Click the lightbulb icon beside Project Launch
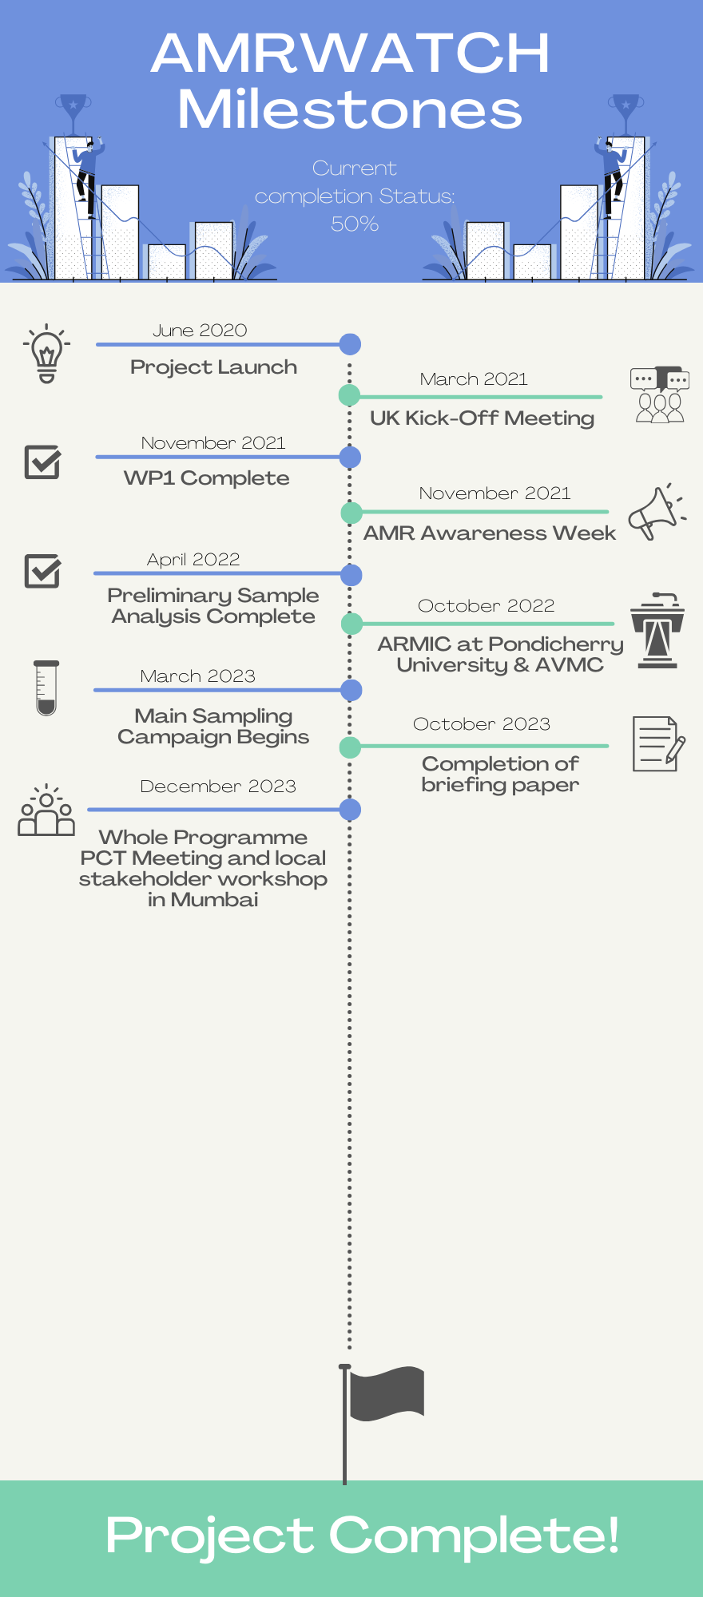click(x=46, y=354)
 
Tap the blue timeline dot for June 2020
click(x=350, y=344)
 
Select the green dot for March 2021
click(x=349, y=394)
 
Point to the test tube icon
click(x=46, y=688)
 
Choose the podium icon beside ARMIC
click(x=657, y=631)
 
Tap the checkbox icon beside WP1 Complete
click(x=42, y=462)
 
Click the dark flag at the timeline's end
click(x=387, y=1393)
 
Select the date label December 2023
click(x=218, y=787)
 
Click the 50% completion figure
click(x=355, y=224)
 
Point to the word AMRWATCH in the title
click(x=351, y=54)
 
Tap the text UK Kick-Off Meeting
click(x=482, y=418)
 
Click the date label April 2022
click(x=193, y=560)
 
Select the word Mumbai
click(x=214, y=900)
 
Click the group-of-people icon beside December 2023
click(x=46, y=810)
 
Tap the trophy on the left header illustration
click(x=73, y=110)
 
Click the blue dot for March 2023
click(x=351, y=690)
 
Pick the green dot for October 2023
click(x=350, y=747)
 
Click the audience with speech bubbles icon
click(x=659, y=394)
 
